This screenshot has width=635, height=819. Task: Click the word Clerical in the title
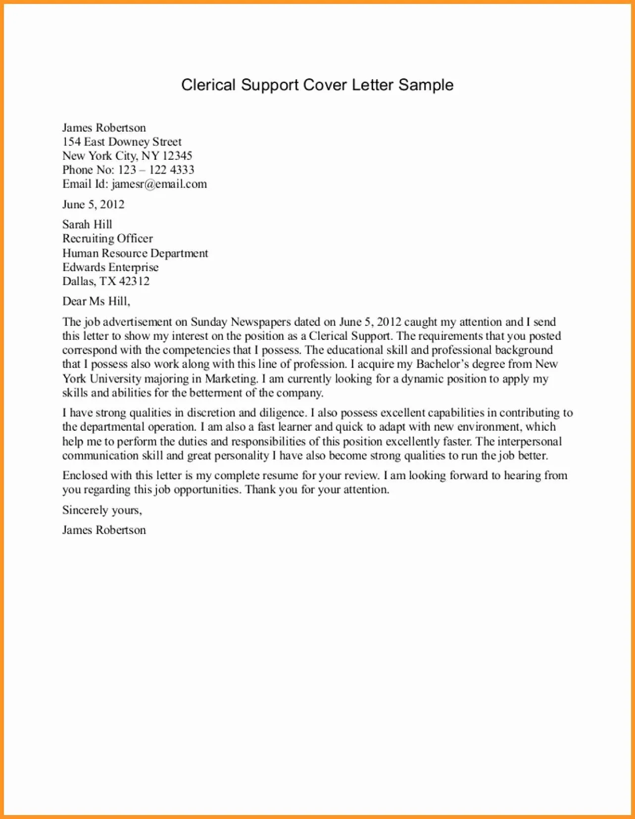pos(208,85)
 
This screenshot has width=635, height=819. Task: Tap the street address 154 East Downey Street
pos(122,142)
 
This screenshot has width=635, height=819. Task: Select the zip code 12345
pos(177,156)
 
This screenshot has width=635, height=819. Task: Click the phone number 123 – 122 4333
pos(156,170)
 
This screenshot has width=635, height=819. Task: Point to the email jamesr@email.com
pos(159,184)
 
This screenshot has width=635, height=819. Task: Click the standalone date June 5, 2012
pos(93,205)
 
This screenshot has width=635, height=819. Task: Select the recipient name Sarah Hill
pos(87,225)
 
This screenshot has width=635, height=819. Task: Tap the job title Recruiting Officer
pos(107,239)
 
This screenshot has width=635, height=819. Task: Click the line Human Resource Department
pos(135,253)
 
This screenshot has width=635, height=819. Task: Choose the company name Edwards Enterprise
pos(110,268)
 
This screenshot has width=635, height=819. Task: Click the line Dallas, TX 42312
pos(105,281)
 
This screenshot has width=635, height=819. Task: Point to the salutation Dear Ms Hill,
pos(96,301)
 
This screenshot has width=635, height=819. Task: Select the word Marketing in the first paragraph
pos(231,379)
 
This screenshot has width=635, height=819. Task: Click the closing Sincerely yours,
pos(102,510)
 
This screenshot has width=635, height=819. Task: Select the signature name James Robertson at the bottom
pos(104,530)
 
